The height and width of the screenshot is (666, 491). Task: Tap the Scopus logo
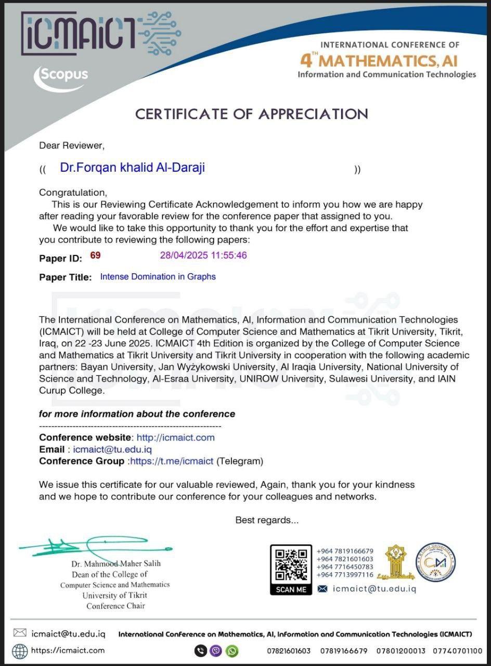point(62,76)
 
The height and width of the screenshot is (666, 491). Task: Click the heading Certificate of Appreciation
point(251,114)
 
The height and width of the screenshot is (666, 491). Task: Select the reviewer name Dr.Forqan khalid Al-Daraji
point(132,168)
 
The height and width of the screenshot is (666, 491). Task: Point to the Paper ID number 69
point(95,255)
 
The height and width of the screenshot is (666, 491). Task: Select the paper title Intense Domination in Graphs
point(158,277)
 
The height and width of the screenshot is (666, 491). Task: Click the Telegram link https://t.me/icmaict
point(172,461)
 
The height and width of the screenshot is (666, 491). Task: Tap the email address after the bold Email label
point(112,450)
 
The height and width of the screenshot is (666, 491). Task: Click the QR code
point(291,563)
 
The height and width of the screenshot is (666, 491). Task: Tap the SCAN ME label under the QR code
point(291,590)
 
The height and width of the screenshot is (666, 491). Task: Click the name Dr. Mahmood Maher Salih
point(116,563)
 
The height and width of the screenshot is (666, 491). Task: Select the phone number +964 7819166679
point(345,552)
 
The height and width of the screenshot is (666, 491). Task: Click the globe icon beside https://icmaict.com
point(20,651)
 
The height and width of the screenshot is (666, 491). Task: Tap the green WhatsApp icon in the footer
point(232,651)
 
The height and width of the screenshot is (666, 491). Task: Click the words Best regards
point(267,520)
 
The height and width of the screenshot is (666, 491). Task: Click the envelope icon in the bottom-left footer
point(20,633)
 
